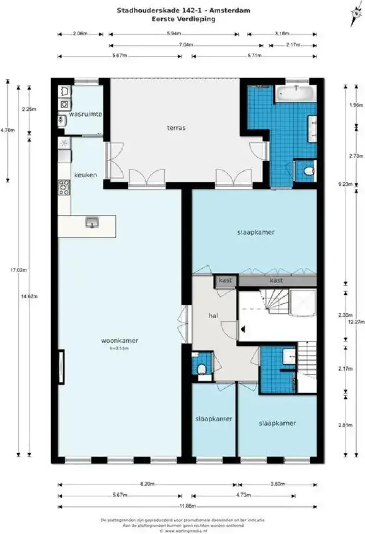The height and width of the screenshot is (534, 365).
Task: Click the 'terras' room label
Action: [x=176, y=128]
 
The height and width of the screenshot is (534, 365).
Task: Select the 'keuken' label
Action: [x=85, y=175]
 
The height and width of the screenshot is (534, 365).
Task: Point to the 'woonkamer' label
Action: [x=119, y=341]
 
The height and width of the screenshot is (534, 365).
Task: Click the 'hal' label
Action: [x=213, y=315]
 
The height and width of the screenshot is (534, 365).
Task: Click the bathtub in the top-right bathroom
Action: [x=296, y=93]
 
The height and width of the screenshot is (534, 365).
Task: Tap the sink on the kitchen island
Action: [x=92, y=222]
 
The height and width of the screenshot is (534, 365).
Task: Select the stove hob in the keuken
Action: [x=64, y=187]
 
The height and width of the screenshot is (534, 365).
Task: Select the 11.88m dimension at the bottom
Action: [x=188, y=506]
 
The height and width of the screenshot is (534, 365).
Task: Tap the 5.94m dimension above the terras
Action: [x=174, y=34]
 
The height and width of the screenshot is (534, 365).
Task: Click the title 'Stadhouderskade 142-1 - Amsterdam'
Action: [x=183, y=10]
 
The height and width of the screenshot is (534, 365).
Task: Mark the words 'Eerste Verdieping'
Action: [x=183, y=19]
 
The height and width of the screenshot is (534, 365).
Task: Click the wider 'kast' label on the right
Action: [x=276, y=280]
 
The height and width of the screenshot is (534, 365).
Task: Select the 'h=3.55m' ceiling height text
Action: [x=119, y=348]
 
